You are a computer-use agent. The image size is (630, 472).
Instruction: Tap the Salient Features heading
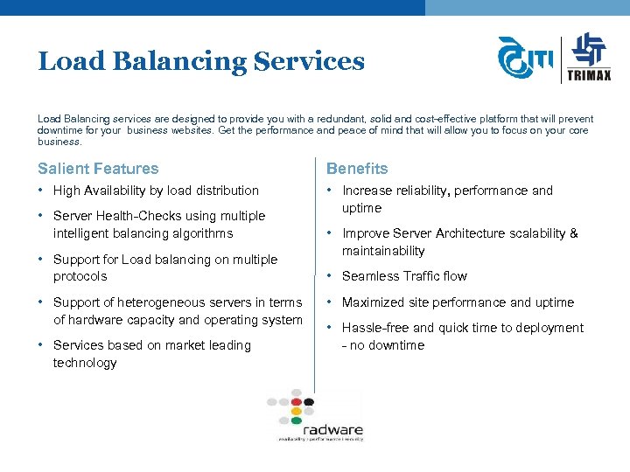tap(98, 169)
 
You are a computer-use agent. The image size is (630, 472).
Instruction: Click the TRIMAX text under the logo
tap(590, 74)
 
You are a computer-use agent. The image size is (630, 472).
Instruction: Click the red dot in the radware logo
tap(297, 402)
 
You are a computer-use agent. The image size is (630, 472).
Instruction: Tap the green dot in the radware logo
tap(297, 420)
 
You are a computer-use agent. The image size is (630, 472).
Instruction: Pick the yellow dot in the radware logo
tap(297, 411)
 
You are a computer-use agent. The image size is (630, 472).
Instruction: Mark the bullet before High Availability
tap(41, 191)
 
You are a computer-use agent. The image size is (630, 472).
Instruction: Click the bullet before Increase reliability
tap(330, 191)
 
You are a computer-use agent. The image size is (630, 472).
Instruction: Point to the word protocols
tap(80, 276)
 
